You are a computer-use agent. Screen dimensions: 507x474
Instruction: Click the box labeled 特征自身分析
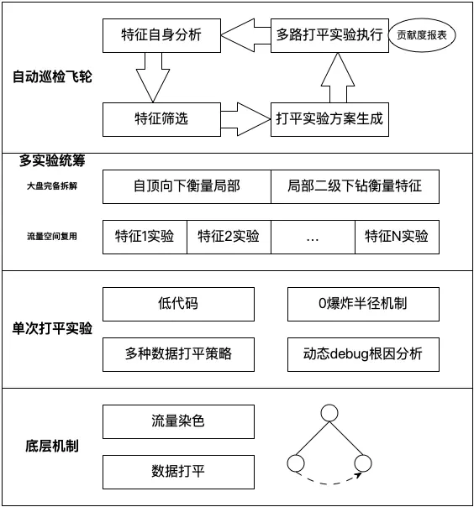coord(162,34)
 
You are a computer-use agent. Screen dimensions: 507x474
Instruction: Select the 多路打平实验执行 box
coord(329,34)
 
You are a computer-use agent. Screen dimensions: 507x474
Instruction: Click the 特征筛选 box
coord(162,119)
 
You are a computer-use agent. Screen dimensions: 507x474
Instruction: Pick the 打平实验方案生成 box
coord(329,119)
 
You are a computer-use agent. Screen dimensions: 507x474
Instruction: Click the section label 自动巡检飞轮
coord(52,77)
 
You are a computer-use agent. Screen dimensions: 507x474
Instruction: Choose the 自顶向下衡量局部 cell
coord(187,186)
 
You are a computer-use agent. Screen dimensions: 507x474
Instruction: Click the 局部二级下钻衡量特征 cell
coord(354,186)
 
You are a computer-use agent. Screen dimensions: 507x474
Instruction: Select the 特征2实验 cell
coord(229,237)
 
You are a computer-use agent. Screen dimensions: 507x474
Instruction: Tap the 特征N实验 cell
coord(396,237)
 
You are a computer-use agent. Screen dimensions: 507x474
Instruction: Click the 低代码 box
coord(178,303)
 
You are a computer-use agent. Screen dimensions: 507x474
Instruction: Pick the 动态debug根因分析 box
coord(362,354)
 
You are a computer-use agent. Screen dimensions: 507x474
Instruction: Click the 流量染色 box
coord(178,421)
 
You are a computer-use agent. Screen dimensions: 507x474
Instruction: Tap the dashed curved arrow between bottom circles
coord(329,481)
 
